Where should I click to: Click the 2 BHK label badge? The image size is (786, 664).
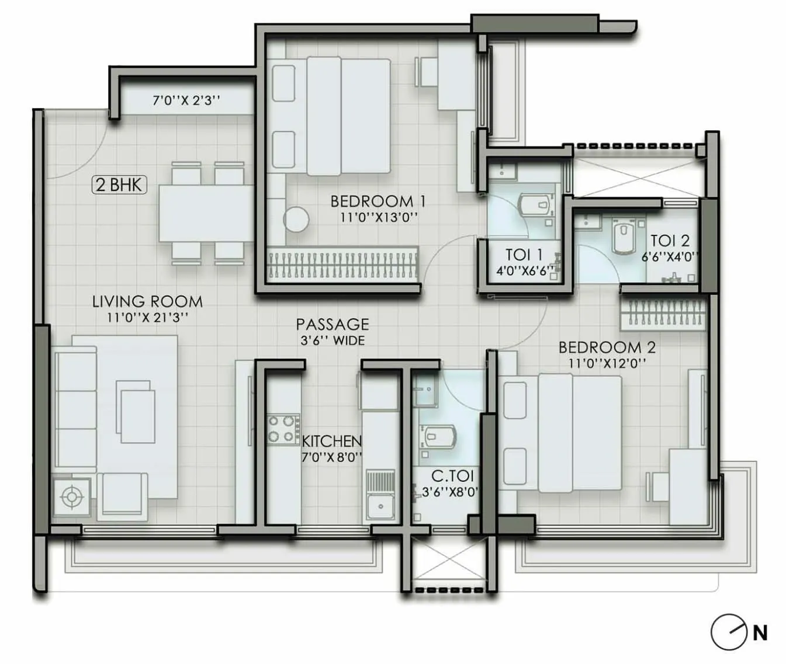coord(119,185)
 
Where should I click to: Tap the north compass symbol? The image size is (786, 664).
coord(729,632)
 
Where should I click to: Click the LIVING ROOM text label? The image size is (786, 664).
coord(147,302)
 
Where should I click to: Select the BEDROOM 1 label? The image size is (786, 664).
coord(378,201)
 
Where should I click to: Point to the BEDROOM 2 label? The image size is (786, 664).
coord(607,347)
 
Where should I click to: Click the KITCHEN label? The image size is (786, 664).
coord(331,441)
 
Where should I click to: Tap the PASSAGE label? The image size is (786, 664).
coord(333,324)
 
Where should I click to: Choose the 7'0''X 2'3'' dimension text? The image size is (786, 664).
coord(186,100)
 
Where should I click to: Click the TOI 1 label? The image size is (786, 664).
coord(524,255)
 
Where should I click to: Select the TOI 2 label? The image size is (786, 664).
coord(670,241)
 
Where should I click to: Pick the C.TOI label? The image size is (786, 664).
coord(452,477)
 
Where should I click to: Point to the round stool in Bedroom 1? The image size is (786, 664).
coord(296,219)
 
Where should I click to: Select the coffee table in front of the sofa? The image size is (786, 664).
coord(137,415)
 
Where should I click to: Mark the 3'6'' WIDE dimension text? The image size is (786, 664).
coord(333,340)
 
